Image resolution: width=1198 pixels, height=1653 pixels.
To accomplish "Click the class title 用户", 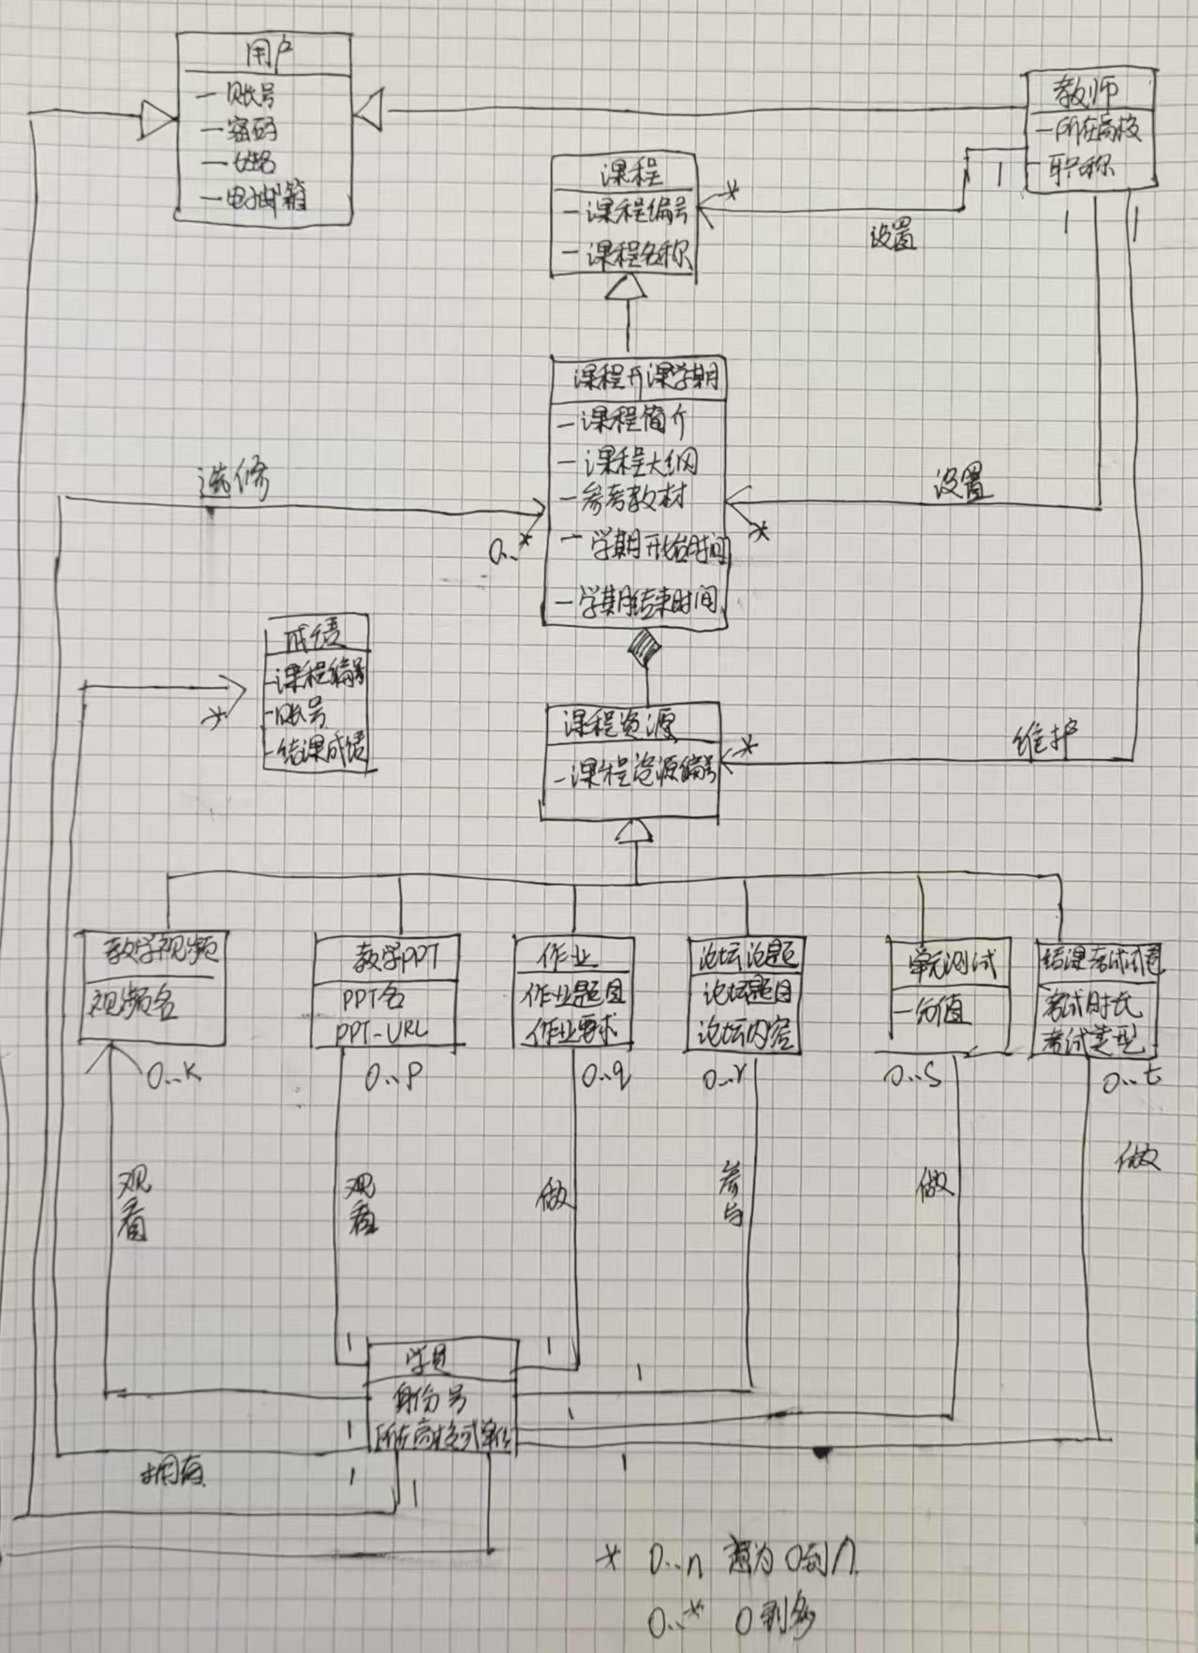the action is pyautogui.click(x=266, y=53).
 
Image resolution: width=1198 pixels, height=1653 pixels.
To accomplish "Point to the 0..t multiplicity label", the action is pyautogui.click(x=1131, y=1080).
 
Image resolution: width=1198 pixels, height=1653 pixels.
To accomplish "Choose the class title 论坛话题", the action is pyautogui.click(x=744, y=957).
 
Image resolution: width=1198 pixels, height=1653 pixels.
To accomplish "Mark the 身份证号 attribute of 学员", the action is pyautogui.click(x=430, y=1400).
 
